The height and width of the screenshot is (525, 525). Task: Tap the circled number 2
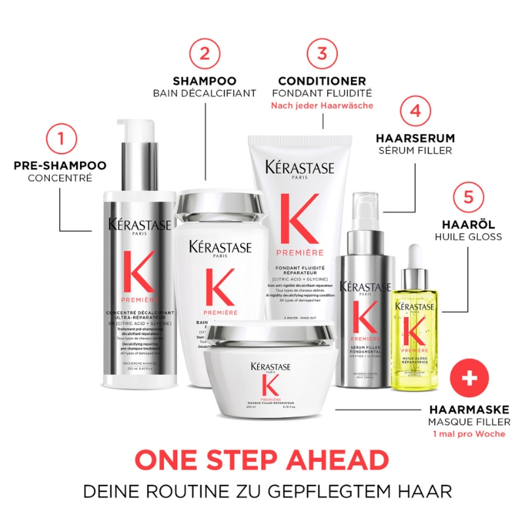coord(204,54)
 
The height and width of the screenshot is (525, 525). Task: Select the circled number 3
coord(322,54)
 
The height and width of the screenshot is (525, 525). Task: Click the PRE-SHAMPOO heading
coord(60,165)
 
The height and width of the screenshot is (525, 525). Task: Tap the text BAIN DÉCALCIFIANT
coord(204,93)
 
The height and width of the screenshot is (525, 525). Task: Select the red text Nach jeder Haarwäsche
coord(322,106)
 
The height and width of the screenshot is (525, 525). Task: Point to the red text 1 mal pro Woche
coord(470,434)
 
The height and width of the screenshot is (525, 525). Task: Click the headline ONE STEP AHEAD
coord(262,461)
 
